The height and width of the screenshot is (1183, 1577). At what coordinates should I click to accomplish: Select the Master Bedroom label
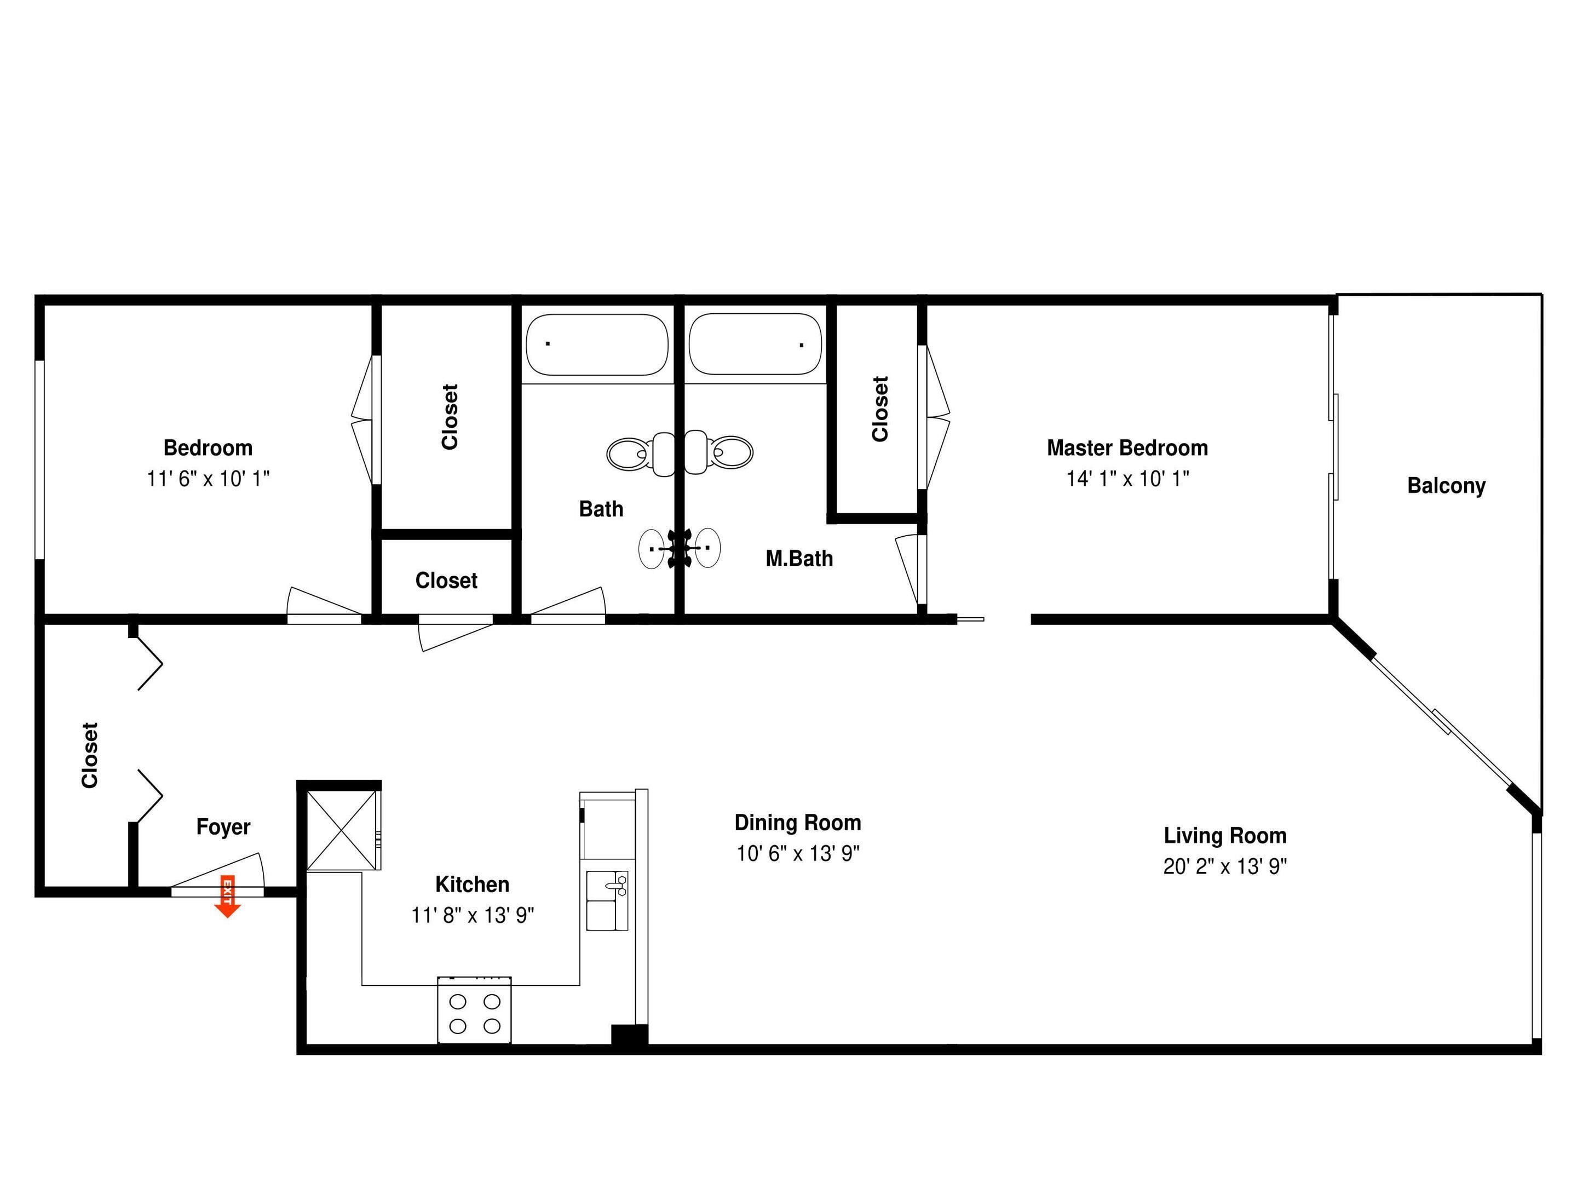point(1127,448)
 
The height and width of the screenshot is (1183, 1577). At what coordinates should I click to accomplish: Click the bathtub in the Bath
point(597,344)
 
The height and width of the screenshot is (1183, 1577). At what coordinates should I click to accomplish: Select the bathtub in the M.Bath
point(755,344)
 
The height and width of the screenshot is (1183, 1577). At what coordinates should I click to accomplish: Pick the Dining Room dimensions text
point(798,853)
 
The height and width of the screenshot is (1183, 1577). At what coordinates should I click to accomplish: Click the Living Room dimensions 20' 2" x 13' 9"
point(1225,866)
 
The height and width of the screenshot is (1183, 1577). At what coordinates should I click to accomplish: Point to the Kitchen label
point(472,884)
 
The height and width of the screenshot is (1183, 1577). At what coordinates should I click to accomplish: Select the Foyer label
point(223,827)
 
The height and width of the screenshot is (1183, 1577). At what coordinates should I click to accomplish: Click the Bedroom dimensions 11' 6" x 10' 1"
point(208,479)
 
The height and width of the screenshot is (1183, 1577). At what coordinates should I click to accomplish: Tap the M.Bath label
point(799,558)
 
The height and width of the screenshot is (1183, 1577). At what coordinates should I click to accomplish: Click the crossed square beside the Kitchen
point(342,830)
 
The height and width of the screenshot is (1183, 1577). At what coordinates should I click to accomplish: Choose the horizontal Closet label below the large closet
point(446,581)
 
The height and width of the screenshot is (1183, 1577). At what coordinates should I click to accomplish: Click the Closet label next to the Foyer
point(90,755)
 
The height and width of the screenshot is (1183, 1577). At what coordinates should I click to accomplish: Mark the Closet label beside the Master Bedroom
point(880,409)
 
